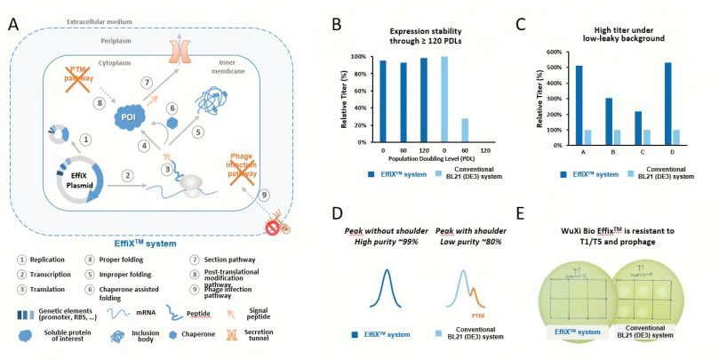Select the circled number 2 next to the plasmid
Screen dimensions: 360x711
129,176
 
